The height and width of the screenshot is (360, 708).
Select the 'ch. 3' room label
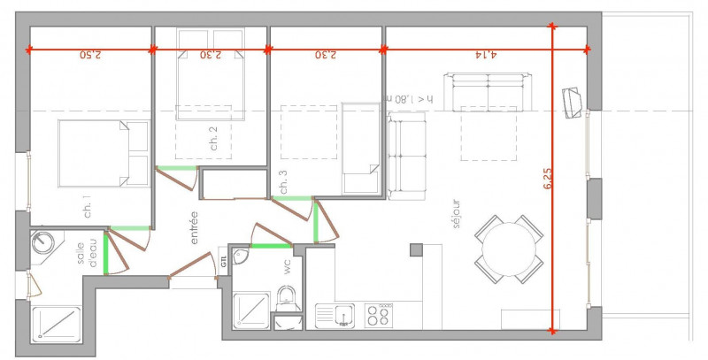click(282, 181)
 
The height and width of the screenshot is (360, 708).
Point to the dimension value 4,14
click(486, 54)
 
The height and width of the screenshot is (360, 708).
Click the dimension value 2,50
click(90, 54)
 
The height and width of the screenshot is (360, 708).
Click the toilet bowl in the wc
click(287, 299)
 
